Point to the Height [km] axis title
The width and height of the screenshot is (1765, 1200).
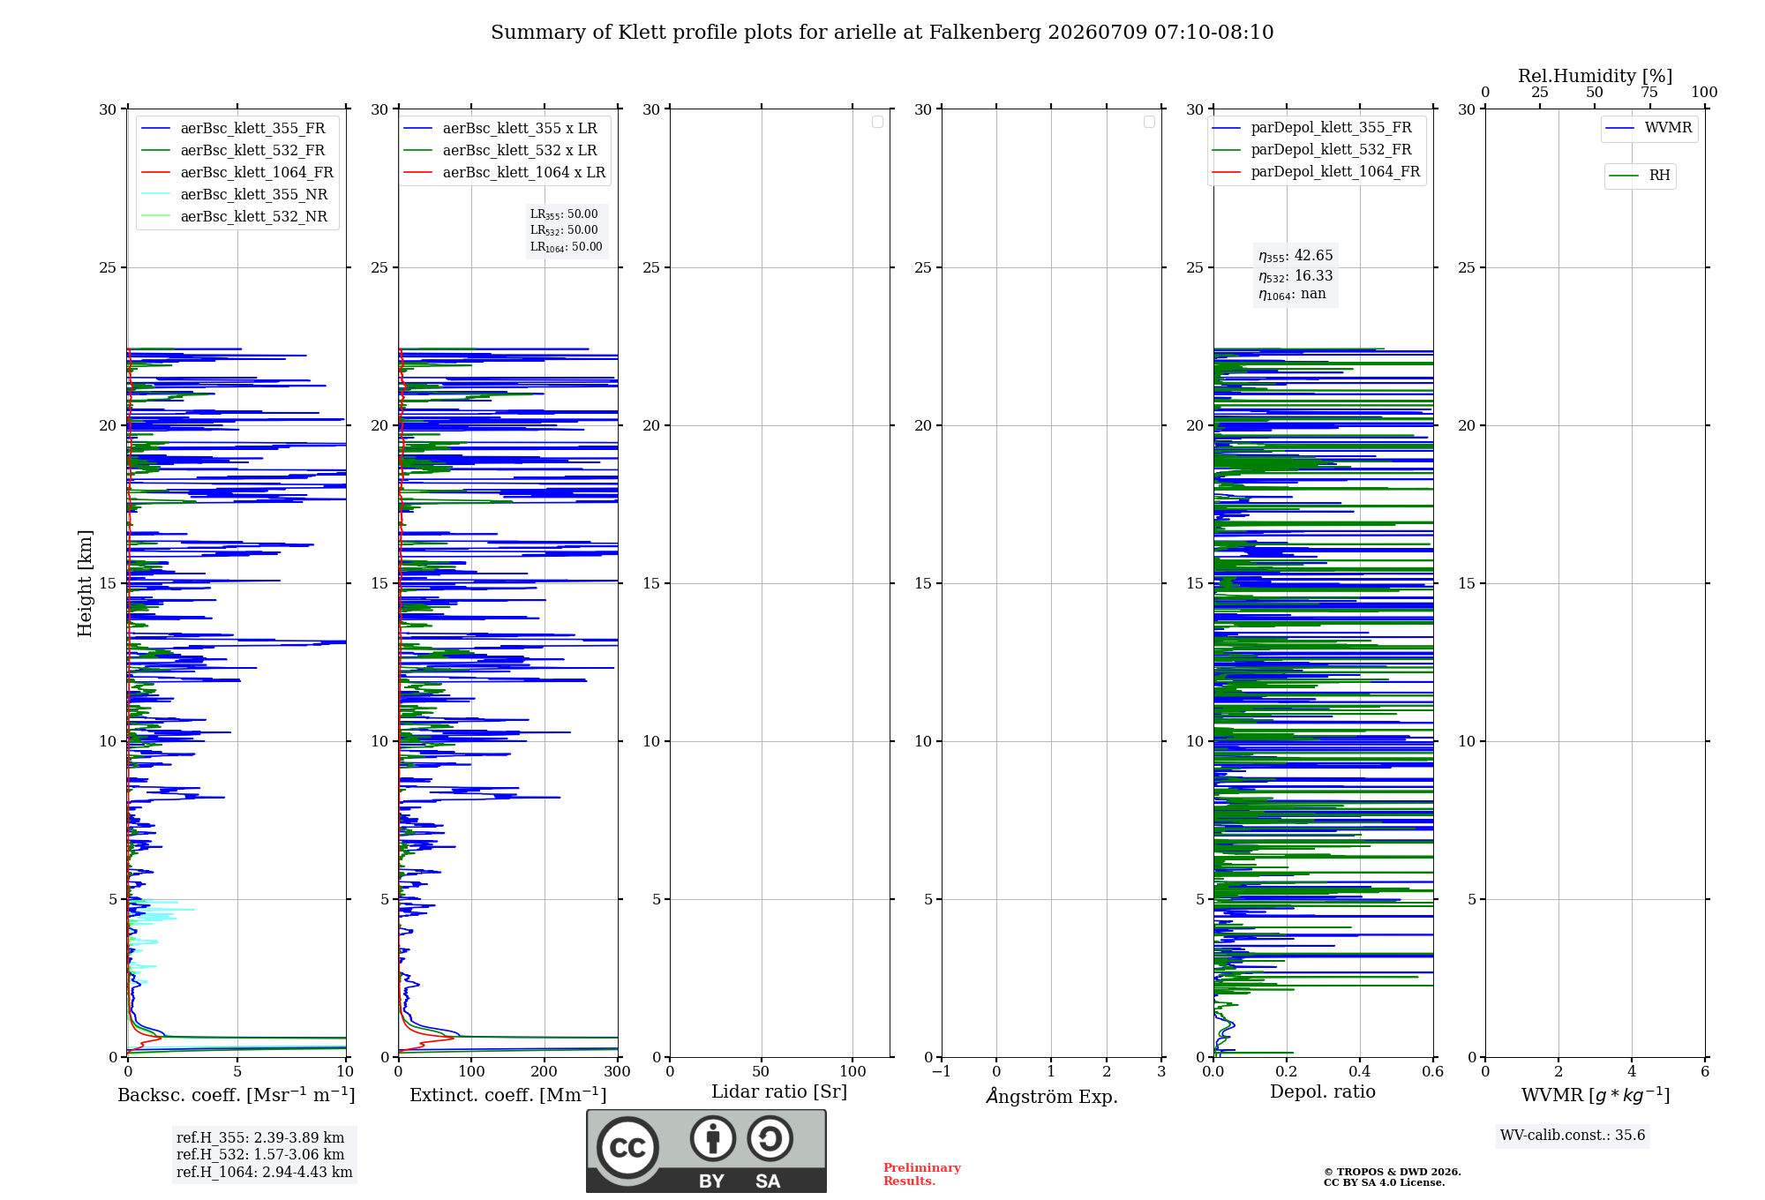pos(85,583)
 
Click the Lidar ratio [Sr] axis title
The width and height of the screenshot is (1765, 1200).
pos(779,1091)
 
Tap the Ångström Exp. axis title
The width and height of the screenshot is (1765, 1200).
pos(1052,1095)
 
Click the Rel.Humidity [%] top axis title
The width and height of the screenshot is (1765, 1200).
pos(1595,76)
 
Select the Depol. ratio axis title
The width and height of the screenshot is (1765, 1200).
pos(1323,1091)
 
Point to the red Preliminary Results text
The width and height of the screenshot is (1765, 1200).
pos(922,1174)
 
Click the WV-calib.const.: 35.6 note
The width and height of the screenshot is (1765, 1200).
pos(1573,1136)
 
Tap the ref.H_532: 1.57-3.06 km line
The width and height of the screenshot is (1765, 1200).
pos(260,1154)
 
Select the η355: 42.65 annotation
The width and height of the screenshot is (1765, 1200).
pos(1296,256)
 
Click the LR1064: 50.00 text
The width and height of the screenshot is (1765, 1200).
pos(567,247)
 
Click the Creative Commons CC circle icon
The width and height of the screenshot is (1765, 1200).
pos(627,1147)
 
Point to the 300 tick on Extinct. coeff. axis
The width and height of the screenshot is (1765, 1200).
pos(618,1071)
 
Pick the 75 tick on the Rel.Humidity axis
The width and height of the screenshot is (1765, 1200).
pos(1649,92)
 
